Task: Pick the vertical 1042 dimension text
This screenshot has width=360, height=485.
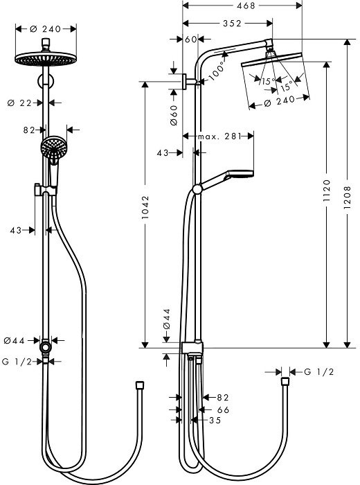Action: tap(145, 214)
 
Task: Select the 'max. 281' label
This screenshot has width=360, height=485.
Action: tap(218, 136)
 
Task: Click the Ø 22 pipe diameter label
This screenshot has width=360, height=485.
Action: tap(24, 103)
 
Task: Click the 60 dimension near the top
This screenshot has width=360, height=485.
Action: tap(191, 39)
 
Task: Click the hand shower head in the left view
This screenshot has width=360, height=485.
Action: tap(52, 147)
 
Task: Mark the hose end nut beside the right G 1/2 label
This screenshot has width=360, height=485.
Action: tap(284, 382)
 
